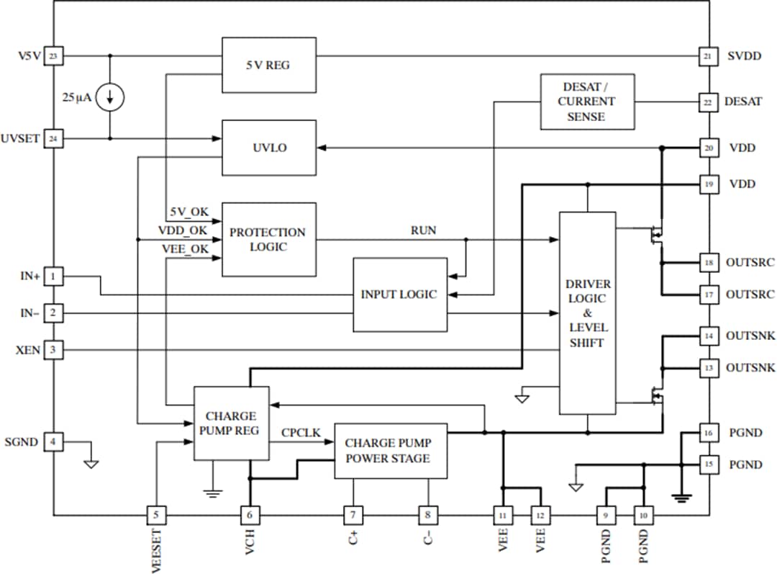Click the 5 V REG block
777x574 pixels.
click(268, 65)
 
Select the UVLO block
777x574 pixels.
click(268, 147)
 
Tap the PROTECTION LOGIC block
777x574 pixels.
click(268, 239)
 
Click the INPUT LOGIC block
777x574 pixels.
click(399, 295)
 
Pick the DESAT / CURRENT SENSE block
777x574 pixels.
click(587, 102)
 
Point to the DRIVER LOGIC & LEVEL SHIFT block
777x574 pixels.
click(587, 313)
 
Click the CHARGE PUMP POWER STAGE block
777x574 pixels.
click(391, 451)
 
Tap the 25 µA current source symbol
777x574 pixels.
click(110, 97)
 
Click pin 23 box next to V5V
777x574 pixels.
click(53, 55)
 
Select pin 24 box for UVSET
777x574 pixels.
click(53, 138)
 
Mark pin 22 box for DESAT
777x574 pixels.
click(708, 102)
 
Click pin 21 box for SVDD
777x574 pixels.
click(708, 55)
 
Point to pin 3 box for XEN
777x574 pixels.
click(53, 350)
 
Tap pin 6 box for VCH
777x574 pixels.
click(250, 515)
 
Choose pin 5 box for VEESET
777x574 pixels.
click(156, 515)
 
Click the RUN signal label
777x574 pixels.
click(423, 230)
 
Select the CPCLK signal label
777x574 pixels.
click(301, 433)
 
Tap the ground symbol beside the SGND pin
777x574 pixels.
click(91, 463)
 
